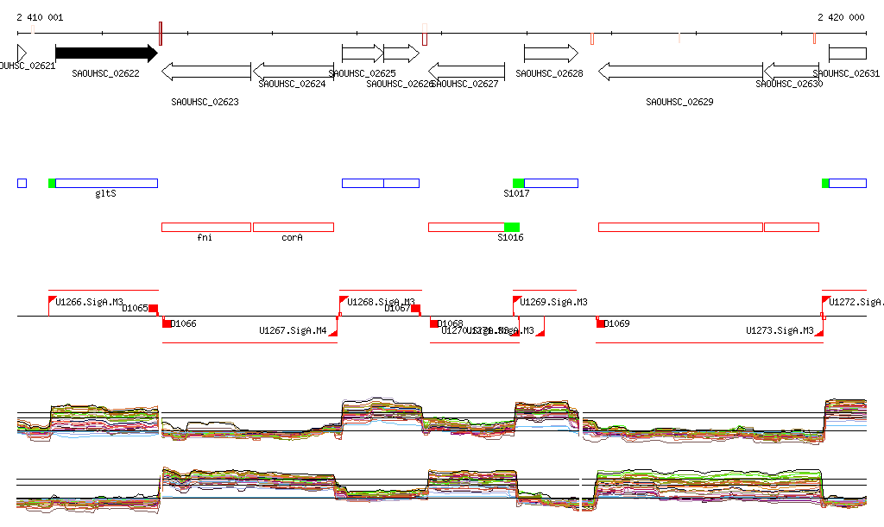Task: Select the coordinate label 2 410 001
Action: point(40,17)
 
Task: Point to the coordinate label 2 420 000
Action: point(841,17)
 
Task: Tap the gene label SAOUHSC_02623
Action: point(205,102)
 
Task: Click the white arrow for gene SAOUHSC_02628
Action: point(550,53)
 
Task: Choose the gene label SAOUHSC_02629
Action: point(679,102)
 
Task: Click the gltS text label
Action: point(105,193)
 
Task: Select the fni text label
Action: point(205,236)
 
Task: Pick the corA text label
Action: point(292,236)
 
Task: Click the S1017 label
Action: point(516,193)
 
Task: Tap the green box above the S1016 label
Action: point(511,227)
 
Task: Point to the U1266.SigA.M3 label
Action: point(89,302)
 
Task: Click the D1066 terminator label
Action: point(184,324)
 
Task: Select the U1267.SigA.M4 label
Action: point(293,330)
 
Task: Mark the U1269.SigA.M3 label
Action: point(553,302)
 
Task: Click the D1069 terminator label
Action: point(616,324)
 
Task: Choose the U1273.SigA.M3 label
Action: point(780,330)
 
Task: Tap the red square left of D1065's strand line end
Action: point(154,308)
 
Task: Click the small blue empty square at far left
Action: point(22,183)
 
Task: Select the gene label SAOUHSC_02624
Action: point(292,85)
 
